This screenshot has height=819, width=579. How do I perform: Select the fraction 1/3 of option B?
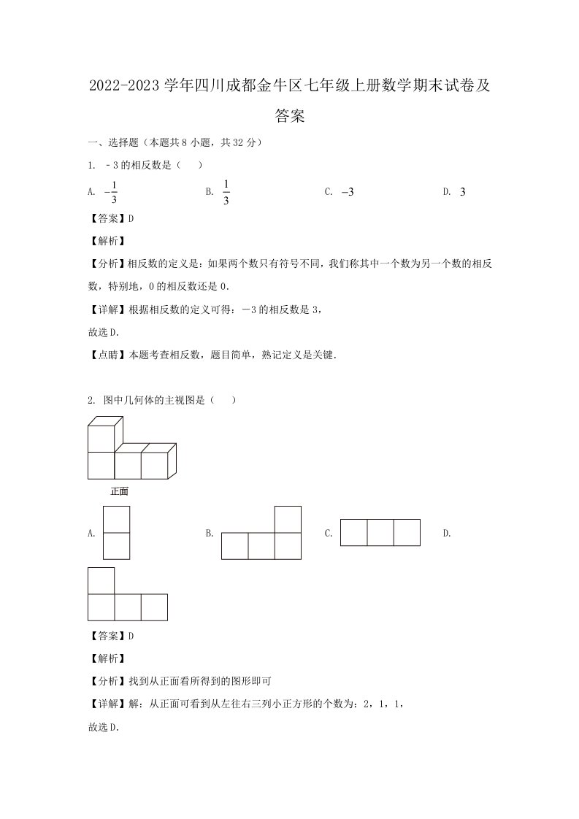click(226, 192)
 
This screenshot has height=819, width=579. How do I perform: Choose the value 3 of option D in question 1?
click(462, 192)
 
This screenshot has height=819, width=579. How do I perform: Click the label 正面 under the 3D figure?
click(119, 491)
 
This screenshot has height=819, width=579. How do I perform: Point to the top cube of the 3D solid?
click(101, 437)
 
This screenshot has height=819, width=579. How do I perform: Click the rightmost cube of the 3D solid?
click(156, 464)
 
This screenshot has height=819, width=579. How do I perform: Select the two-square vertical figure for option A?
click(117, 533)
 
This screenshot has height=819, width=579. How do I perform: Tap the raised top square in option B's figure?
click(288, 519)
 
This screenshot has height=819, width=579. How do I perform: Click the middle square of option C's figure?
click(380, 532)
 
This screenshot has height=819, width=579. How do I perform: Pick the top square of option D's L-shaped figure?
click(101, 581)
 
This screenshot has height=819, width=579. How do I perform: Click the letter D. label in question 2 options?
click(447, 534)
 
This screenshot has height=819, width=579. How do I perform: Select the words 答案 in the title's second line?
click(290, 115)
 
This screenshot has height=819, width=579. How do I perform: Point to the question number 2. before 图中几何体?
click(91, 400)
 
